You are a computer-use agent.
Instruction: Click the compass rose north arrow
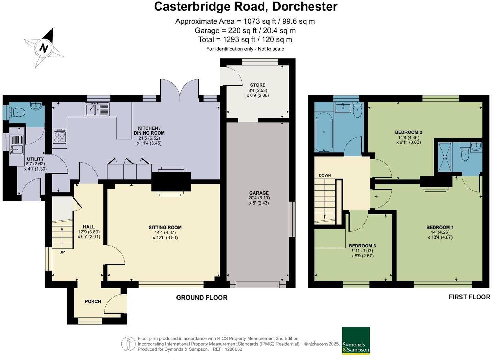44,47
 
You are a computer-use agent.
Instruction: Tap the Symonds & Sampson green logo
356,340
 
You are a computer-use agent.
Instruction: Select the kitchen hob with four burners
59,136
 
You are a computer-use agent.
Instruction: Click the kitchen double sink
97,109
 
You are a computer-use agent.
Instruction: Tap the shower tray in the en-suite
445,157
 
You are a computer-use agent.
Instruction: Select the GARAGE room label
259,193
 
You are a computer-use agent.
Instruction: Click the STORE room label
258,85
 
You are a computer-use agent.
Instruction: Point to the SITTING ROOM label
165,227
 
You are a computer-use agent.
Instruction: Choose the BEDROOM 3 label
362,246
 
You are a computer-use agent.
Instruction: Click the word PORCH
93,301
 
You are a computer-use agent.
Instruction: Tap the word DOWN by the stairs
324,175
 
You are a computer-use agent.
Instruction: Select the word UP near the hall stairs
62,252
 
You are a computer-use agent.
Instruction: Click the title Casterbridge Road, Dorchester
245,7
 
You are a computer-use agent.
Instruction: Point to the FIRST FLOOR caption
469,297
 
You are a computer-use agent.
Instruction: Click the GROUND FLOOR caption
202,298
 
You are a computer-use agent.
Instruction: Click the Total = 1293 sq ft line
245,39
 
